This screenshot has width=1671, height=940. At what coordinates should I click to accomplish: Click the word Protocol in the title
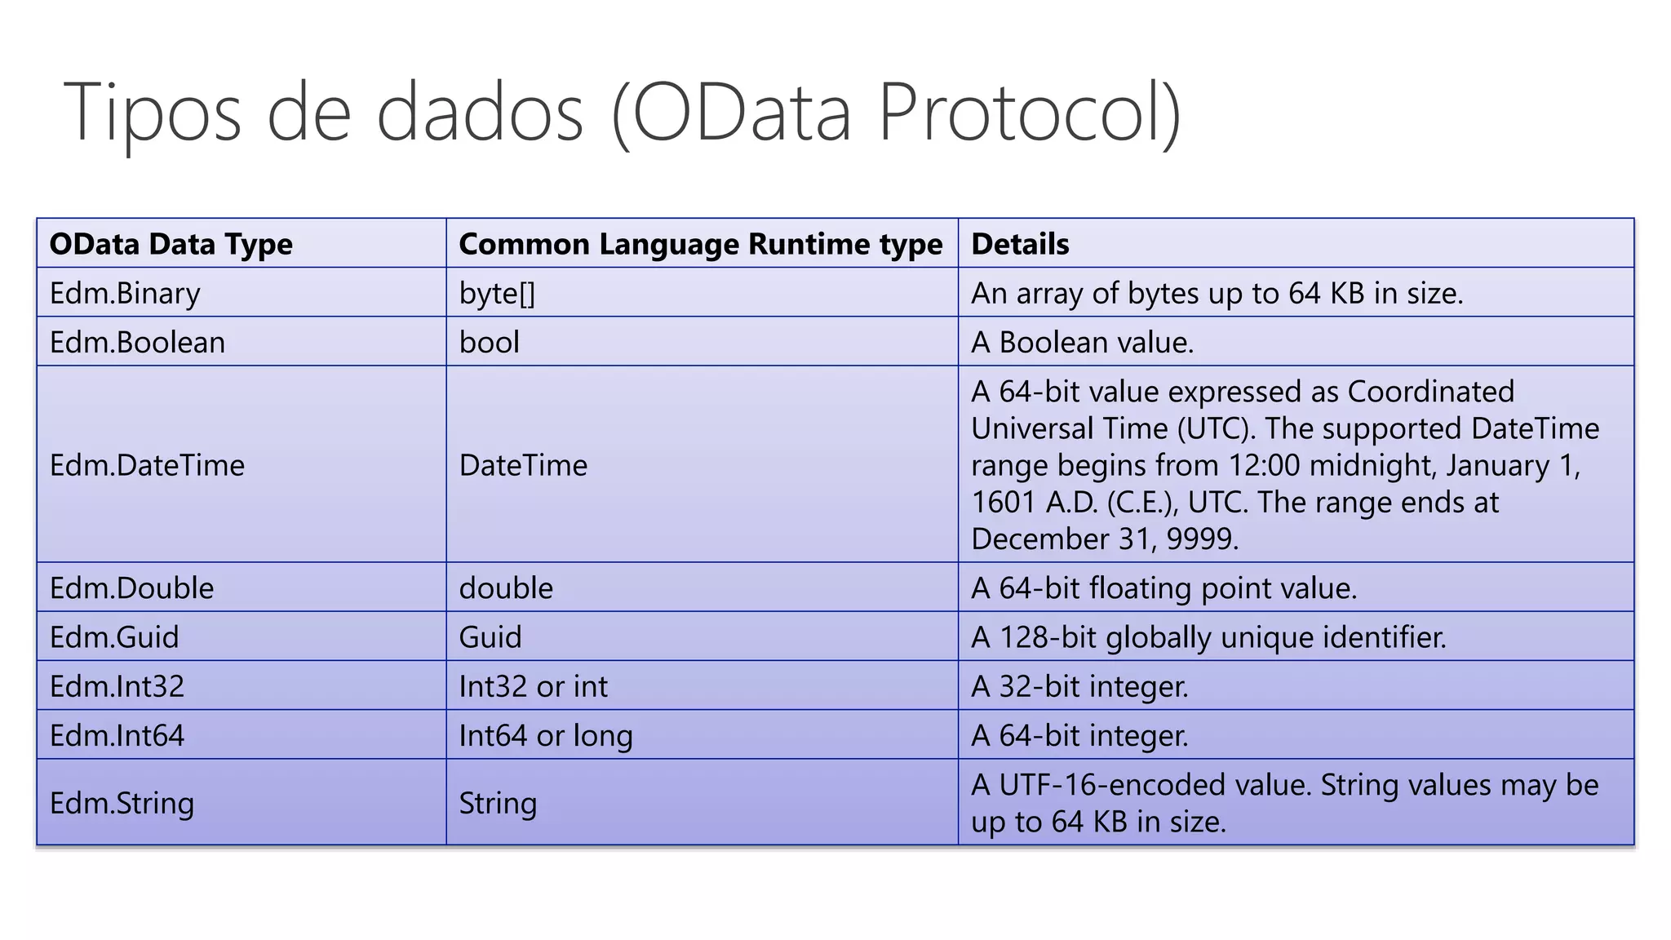click(1029, 112)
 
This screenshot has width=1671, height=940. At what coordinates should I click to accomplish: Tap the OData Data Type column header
click(171, 244)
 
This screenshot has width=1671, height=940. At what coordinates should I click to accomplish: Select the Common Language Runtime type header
click(700, 244)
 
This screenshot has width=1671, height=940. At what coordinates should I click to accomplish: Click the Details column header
click(1020, 244)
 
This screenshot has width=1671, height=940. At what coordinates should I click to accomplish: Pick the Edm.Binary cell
click(125, 293)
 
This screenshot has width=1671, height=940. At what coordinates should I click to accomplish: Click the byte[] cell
click(497, 293)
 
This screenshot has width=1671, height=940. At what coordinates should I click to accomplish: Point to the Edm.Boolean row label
click(137, 342)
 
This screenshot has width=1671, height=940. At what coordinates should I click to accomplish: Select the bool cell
click(489, 342)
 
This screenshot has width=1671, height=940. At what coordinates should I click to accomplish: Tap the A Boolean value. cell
click(1082, 342)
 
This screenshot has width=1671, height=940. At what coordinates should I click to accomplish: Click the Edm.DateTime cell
click(147, 465)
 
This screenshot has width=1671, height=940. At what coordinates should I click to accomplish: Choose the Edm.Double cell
click(131, 587)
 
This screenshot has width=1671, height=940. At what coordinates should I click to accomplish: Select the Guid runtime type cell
click(490, 636)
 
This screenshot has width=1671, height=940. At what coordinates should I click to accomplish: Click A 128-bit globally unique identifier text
click(1208, 636)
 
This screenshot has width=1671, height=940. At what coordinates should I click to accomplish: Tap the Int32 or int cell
click(533, 686)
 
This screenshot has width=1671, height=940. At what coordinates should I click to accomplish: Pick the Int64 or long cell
click(545, 735)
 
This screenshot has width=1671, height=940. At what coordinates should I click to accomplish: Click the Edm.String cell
click(122, 803)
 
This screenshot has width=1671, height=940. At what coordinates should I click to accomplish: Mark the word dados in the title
click(480, 112)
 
